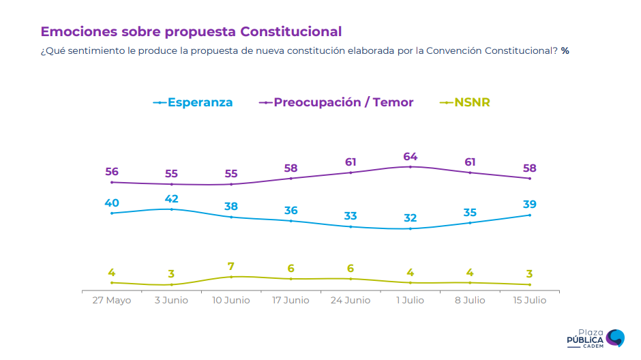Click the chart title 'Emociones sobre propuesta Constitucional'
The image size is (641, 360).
point(191,31)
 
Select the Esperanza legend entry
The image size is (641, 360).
point(193,102)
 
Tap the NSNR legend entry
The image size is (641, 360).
point(464,102)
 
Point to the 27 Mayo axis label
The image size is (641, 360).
point(112,300)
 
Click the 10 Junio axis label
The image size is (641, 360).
point(231,300)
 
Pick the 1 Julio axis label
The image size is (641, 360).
point(410,300)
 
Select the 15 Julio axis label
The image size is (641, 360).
point(529,300)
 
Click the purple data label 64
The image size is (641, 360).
point(410,156)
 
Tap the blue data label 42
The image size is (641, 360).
point(171,198)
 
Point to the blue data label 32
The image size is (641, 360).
point(410,218)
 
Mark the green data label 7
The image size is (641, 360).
point(231,267)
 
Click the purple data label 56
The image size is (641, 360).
point(112,172)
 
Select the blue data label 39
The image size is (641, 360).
point(529,205)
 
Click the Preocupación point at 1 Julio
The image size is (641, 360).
point(410,166)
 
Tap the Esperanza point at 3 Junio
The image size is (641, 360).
point(171,209)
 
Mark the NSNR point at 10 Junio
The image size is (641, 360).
point(231,277)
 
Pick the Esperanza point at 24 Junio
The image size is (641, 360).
point(351,226)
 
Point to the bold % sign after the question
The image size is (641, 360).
point(565,51)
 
